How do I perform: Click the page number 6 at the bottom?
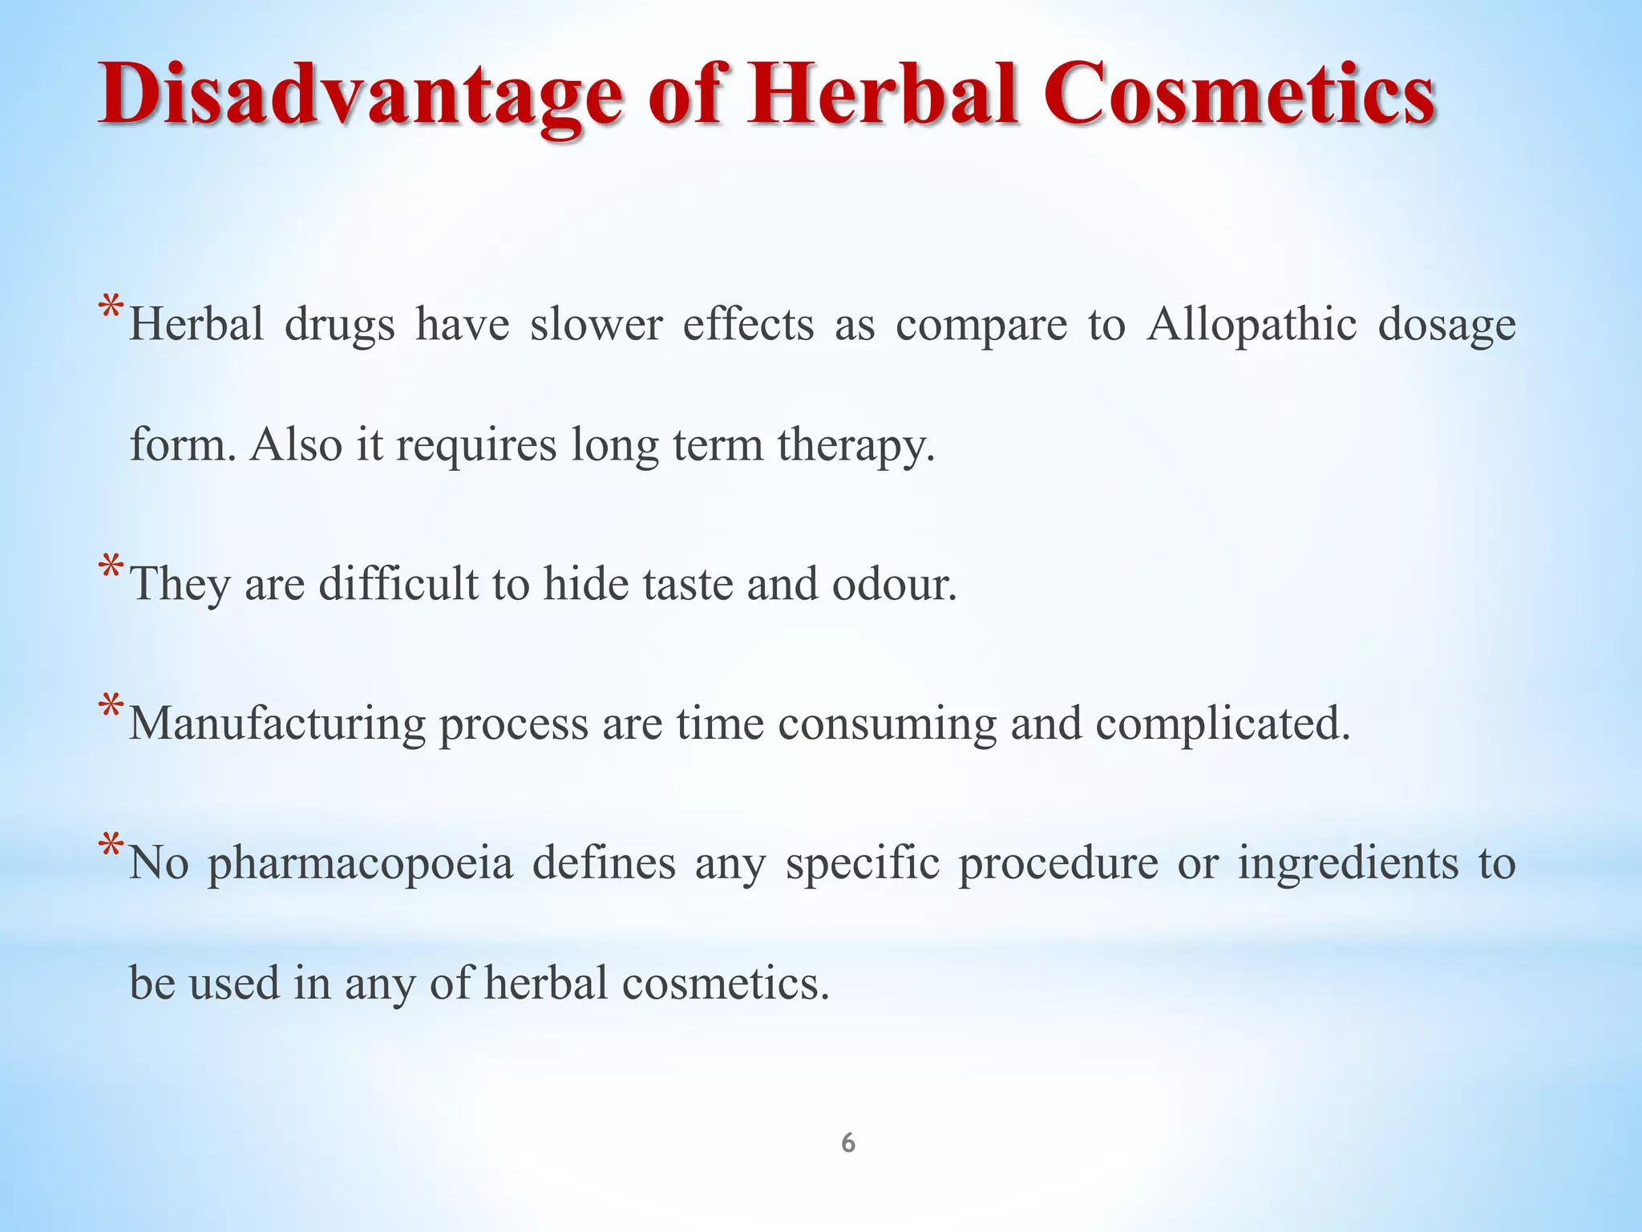tap(847, 1143)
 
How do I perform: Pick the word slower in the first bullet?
tap(596, 325)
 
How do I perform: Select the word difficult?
tap(398, 584)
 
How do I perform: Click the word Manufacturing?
tap(277, 723)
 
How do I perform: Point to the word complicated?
tap(1223, 723)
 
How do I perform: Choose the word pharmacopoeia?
tap(360, 864)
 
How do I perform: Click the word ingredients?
tap(1348, 864)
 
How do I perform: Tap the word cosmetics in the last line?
tap(725, 983)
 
